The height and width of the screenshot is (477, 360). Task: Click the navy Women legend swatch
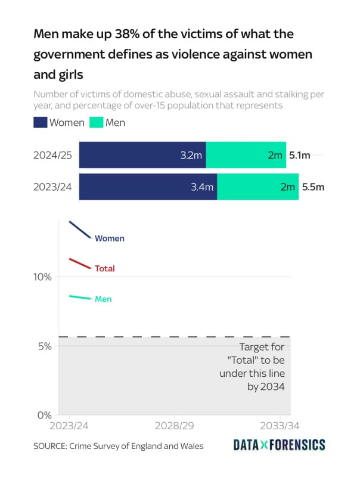[x=40, y=123]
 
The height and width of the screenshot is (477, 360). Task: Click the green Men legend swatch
[x=96, y=123]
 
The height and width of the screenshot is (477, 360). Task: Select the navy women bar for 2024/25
[x=142, y=155]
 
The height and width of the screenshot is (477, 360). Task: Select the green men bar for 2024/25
[x=246, y=155]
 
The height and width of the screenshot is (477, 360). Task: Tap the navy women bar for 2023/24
[x=148, y=187]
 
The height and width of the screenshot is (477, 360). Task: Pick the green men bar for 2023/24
[x=257, y=187]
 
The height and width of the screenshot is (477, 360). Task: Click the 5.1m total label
[x=300, y=156]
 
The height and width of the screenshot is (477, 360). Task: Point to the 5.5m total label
[x=313, y=187]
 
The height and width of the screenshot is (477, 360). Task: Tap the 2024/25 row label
[x=53, y=156]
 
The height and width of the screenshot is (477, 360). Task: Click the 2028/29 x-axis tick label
[x=175, y=427]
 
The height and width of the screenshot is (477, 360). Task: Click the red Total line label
[x=105, y=269]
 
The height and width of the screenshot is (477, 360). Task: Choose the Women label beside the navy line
[x=110, y=238]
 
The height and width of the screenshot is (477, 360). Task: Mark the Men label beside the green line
[x=103, y=299]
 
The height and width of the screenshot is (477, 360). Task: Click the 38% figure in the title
[x=113, y=34]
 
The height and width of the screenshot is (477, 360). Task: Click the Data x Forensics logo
[x=279, y=445]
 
